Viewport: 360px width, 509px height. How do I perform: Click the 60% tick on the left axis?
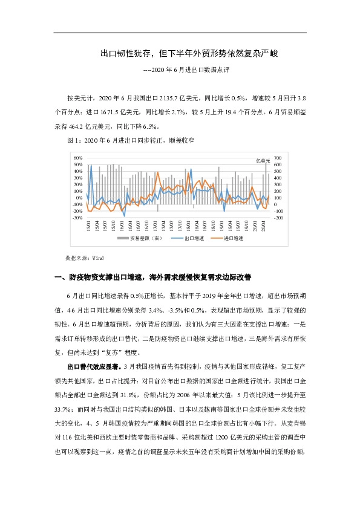point(78,157)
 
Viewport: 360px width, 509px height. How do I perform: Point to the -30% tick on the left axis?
point(77,218)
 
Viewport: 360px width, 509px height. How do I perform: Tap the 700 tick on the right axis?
point(278,157)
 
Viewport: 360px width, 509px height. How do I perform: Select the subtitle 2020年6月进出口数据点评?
point(188,70)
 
